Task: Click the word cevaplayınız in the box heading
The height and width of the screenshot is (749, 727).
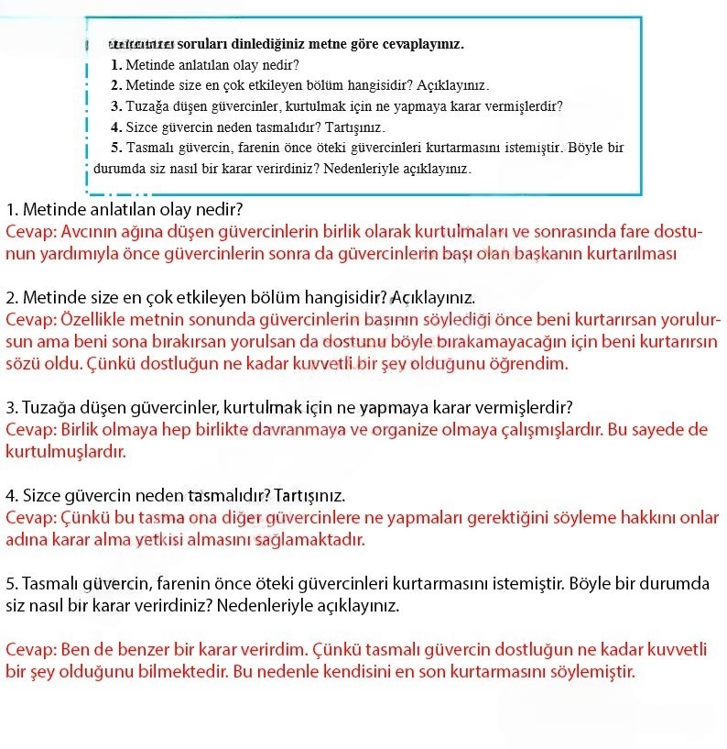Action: coord(424,44)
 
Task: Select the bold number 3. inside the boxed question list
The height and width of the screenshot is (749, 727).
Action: coord(116,106)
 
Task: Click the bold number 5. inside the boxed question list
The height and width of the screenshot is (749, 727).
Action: coord(116,147)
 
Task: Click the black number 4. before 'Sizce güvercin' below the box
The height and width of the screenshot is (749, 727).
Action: coord(12,496)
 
